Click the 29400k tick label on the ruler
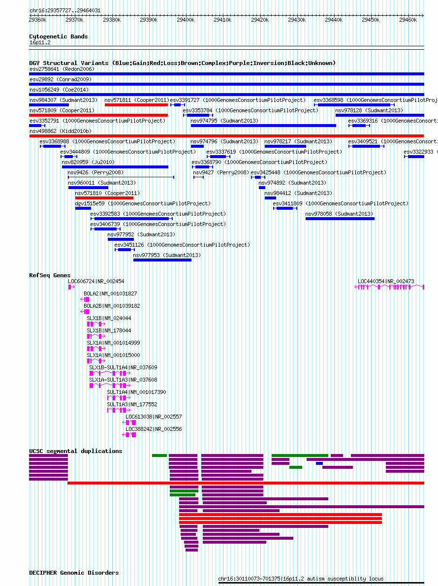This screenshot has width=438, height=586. point(185,20)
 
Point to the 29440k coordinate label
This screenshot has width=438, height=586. point(334,20)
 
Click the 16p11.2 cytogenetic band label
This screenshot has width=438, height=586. point(40,43)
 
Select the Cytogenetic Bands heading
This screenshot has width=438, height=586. point(58,36)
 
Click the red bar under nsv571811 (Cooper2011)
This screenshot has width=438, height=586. point(136,105)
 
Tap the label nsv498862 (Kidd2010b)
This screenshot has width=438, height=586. point(61,131)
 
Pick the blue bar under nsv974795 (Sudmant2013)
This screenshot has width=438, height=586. point(263,126)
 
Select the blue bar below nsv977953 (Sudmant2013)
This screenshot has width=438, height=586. point(162,260)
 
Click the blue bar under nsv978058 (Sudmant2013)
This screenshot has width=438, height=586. point(340,219)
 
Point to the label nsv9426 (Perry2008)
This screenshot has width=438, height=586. point(95,173)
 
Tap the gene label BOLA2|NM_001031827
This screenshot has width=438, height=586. point(110,294)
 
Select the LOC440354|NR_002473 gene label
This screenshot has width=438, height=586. point(386,281)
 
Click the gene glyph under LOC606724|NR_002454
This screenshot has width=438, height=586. point(71,287)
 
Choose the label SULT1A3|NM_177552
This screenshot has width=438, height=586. point(132,404)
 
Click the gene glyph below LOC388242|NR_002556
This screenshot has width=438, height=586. point(129,435)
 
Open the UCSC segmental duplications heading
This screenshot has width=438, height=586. point(75,451)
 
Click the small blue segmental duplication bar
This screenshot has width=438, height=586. point(319,463)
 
